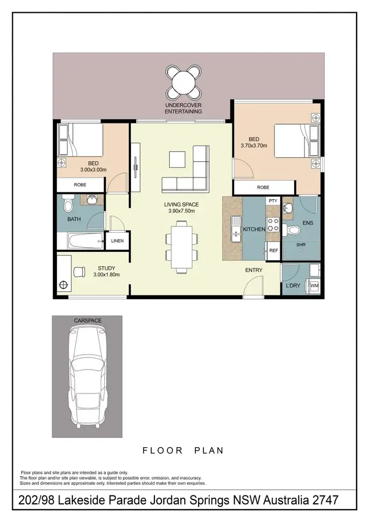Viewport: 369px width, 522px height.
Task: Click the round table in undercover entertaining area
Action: point(184,81)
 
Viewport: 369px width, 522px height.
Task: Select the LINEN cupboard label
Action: point(117,241)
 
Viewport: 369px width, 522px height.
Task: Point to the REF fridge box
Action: point(274,250)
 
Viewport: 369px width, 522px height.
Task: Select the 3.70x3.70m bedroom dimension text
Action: point(254,146)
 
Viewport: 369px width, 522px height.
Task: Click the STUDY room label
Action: point(106,268)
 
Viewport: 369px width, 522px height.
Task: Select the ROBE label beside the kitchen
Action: point(263,187)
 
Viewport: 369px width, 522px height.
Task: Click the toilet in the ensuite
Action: point(295,229)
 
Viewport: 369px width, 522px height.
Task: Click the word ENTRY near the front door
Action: point(254,270)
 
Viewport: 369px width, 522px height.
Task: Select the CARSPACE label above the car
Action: point(88,320)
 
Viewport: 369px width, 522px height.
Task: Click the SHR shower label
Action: point(301,245)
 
